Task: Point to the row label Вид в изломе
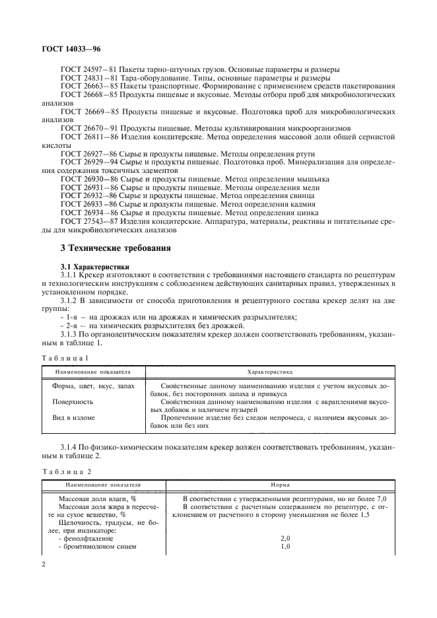[x=73, y=418]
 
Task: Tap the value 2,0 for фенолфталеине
[x=285, y=539]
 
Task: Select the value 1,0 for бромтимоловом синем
[x=285, y=547]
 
